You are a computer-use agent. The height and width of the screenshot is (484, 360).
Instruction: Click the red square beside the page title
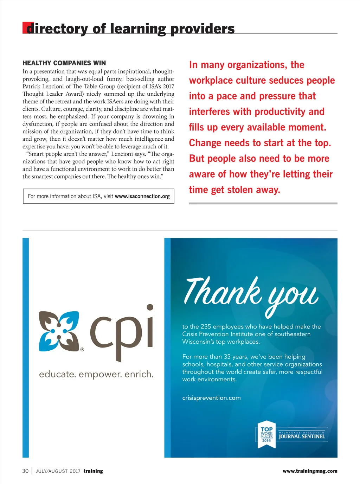click(26, 28)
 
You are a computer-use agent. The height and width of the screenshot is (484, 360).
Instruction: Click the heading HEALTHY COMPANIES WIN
click(64, 63)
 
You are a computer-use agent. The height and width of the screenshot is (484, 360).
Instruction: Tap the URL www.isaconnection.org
click(142, 196)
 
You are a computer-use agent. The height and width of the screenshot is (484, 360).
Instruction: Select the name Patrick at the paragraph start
click(32, 87)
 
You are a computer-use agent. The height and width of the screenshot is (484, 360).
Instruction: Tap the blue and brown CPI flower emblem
click(59, 331)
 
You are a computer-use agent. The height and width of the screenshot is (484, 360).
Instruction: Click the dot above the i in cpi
click(150, 307)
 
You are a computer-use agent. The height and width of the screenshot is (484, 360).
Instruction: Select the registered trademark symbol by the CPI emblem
click(82, 350)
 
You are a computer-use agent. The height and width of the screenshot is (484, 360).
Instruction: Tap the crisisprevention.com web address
click(211, 398)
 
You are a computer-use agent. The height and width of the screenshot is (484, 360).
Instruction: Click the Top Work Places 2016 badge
click(266, 434)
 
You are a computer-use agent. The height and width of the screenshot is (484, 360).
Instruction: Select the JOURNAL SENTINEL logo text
click(302, 437)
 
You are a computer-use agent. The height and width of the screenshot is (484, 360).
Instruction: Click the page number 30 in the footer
click(25, 471)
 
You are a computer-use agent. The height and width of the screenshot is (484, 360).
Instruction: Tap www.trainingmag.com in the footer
click(310, 471)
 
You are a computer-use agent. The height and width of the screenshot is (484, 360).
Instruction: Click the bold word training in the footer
click(93, 471)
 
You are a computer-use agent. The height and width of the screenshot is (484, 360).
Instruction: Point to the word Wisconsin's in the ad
click(198, 342)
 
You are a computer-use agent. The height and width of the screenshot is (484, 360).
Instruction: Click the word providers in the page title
click(202, 29)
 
